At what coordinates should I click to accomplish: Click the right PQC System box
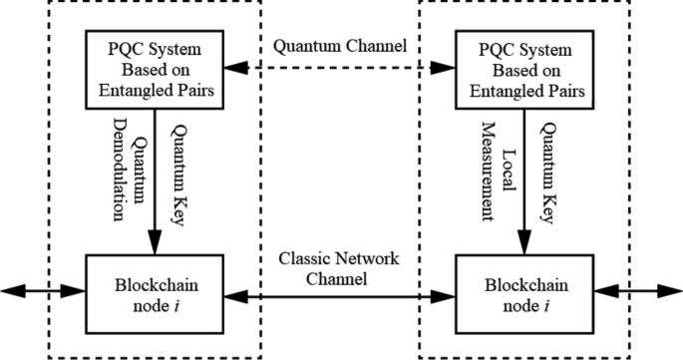[518, 68]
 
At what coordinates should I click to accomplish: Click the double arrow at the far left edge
[42, 291]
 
